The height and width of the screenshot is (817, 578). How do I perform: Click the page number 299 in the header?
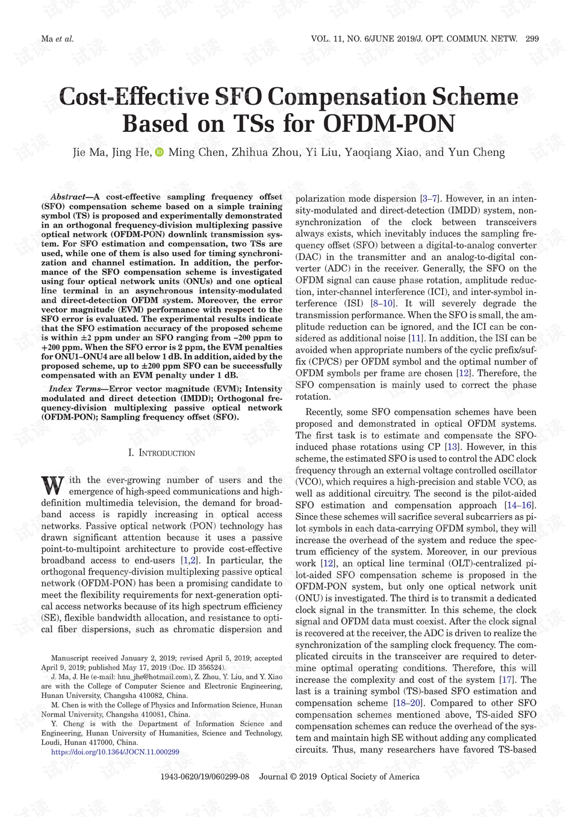(532, 39)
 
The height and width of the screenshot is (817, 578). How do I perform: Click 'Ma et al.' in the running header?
(57, 39)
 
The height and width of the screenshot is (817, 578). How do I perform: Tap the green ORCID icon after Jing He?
(160, 152)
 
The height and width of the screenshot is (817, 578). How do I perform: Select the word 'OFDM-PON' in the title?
(389, 124)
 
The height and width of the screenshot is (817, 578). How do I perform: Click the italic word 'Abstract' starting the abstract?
(68, 197)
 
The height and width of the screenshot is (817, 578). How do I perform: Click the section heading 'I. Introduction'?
(161, 453)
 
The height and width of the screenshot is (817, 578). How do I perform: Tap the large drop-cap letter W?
(52, 486)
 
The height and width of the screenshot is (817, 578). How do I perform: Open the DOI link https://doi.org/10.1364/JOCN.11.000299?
(115, 752)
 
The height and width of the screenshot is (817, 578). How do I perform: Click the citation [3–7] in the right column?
(430, 199)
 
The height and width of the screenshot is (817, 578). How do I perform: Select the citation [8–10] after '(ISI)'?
(383, 303)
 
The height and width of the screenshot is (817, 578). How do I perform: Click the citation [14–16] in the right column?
(520, 505)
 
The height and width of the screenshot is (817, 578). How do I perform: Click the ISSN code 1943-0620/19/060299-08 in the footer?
(205, 777)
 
